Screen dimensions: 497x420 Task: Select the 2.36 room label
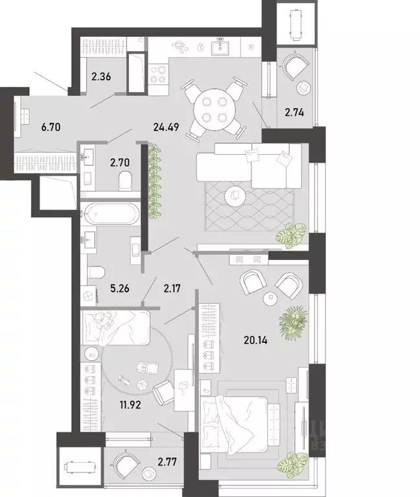click(x=102, y=77)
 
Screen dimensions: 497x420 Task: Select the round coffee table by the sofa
click(x=235, y=196)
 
